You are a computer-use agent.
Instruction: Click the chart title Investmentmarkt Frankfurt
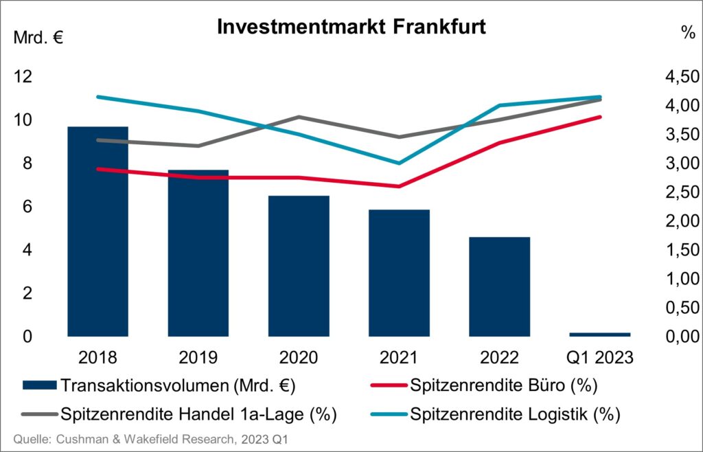pyautogui.click(x=351, y=27)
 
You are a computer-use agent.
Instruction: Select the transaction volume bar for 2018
pyautogui.click(x=97, y=234)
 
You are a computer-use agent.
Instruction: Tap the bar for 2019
pyautogui.click(x=198, y=254)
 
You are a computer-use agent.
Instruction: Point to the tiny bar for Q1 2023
pyautogui.click(x=600, y=335)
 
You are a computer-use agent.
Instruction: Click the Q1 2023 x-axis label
pyautogui.click(x=600, y=358)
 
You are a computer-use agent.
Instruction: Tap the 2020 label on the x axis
pyautogui.click(x=299, y=358)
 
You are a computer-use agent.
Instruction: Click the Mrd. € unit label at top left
pyautogui.click(x=39, y=37)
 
